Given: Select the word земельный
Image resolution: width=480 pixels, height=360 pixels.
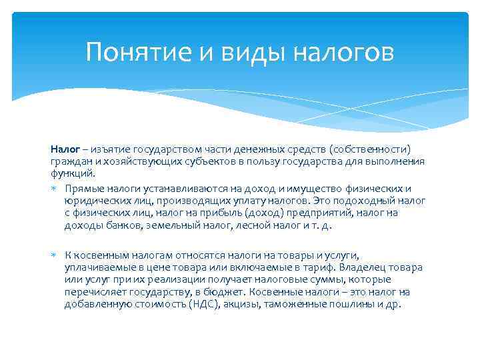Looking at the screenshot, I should [165, 225].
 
